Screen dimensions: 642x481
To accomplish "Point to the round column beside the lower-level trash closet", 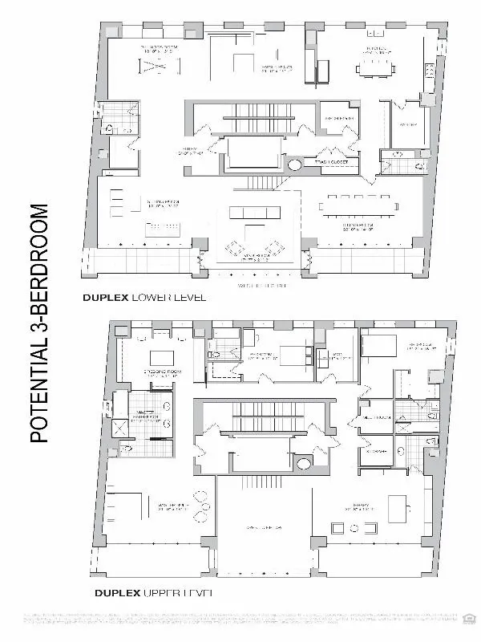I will (x=295, y=166).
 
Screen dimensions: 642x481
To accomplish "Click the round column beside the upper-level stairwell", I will (x=304, y=463).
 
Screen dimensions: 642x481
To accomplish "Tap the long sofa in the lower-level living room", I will (x=252, y=213).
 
